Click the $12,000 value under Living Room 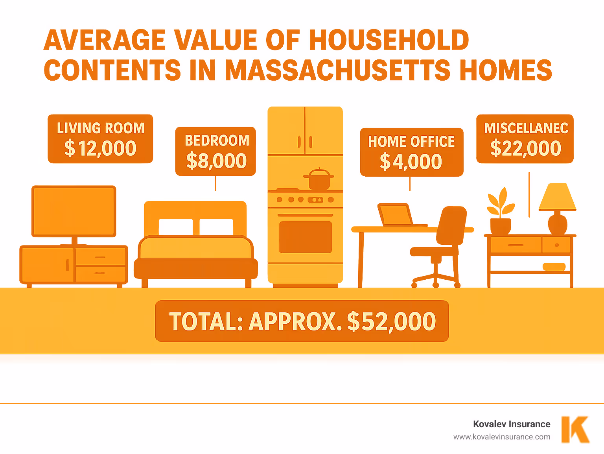coord(100,148)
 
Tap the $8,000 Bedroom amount coord(216,161)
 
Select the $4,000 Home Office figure coord(411,162)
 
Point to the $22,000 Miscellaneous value coord(525,148)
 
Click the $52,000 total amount coord(391,321)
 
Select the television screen coord(74,211)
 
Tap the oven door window coord(305,237)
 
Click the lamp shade coord(557,197)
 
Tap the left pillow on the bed coord(175,227)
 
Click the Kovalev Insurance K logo coord(575,429)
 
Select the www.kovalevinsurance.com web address coord(502,437)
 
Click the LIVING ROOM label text coord(100,128)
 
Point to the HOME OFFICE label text coord(411,142)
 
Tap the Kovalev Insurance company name coord(512,424)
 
